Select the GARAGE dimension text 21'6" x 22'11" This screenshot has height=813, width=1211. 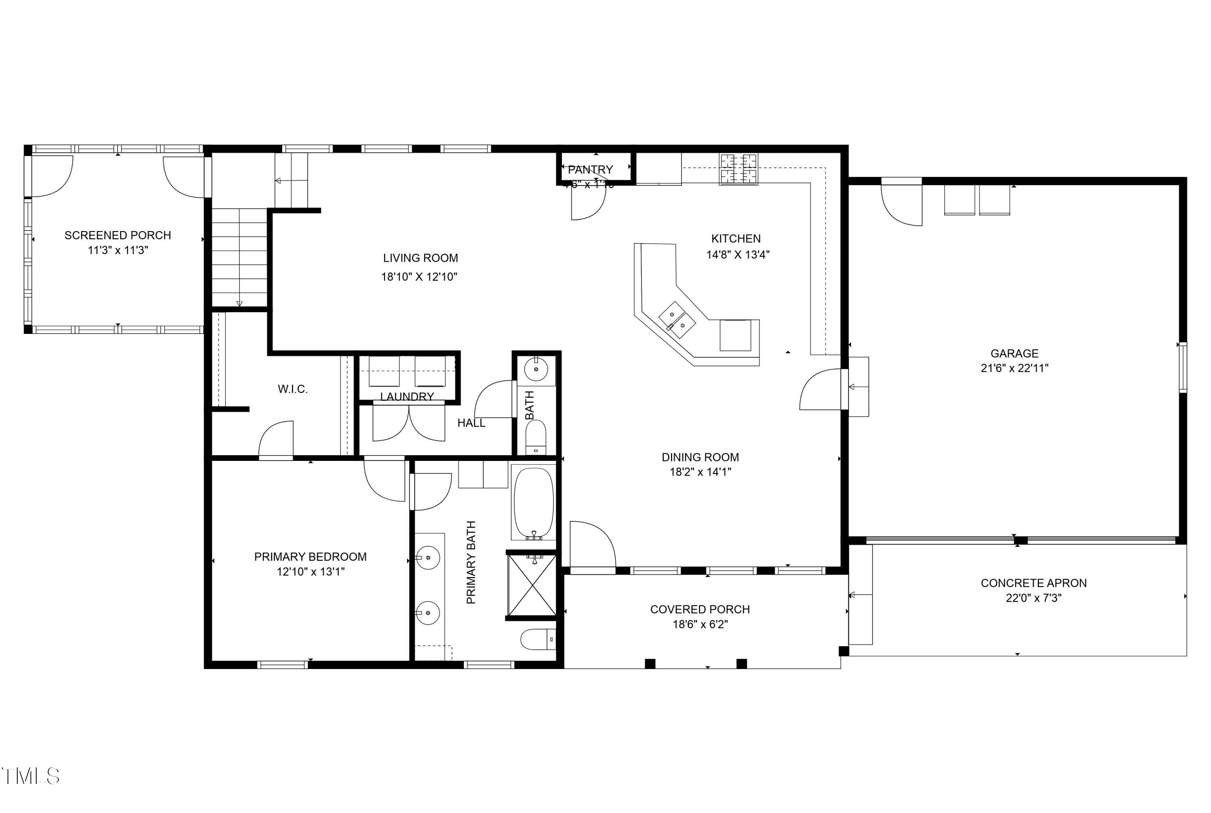[1014, 368]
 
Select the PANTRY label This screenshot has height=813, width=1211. [590, 169]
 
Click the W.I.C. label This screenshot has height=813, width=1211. [293, 389]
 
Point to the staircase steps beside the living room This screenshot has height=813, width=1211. [239, 256]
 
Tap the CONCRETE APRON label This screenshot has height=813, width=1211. [1033, 583]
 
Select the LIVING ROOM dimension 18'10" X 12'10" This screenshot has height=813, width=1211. [419, 277]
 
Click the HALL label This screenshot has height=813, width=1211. [471, 423]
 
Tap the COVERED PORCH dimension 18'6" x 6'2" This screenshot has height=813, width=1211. [700, 624]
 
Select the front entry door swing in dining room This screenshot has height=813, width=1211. [591, 544]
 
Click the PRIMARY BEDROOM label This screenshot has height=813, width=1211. [310, 557]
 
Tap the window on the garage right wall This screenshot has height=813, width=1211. [1182, 367]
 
